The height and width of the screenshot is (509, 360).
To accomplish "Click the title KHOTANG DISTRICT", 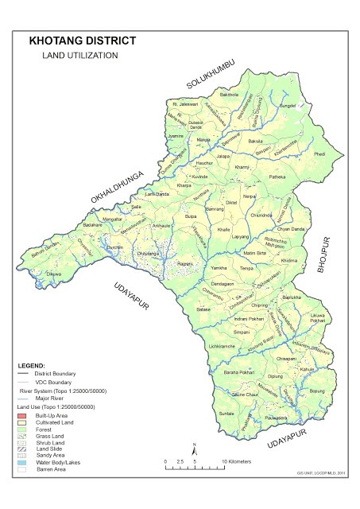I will [x=82, y=40].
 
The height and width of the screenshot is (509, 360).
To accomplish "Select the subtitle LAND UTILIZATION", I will [x=79, y=56].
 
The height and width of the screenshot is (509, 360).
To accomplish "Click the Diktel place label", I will [x=232, y=202].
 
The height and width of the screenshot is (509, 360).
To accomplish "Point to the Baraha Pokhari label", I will [x=238, y=371].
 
